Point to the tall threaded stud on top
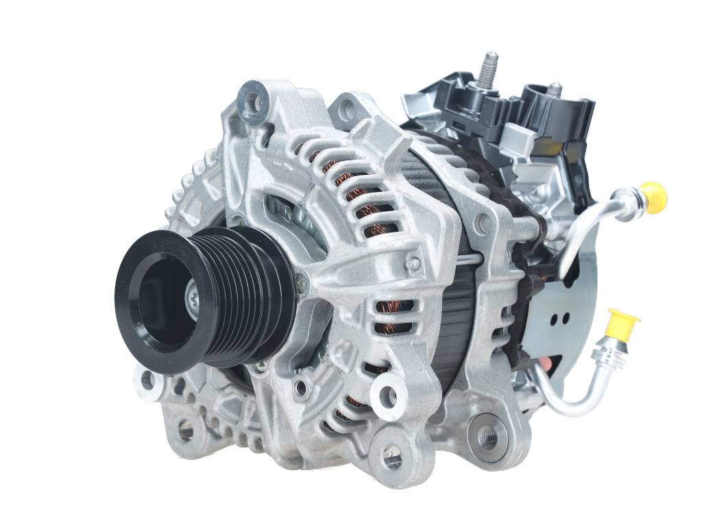(x=489, y=69)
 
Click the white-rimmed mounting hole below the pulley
(x=147, y=378)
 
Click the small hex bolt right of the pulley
(x=299, y=280)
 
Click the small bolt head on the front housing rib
(x=412, y=263)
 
